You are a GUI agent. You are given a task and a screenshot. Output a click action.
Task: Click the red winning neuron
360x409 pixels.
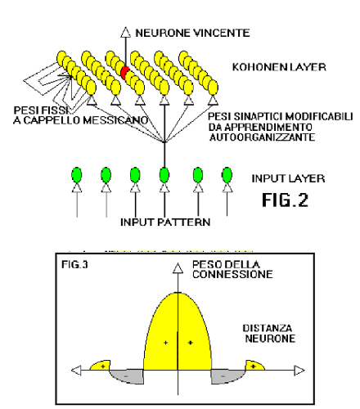(125, 73)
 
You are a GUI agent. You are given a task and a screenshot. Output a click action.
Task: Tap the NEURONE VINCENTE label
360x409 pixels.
(192, 33)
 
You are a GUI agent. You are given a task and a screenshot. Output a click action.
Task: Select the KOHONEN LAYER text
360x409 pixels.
(279, 67)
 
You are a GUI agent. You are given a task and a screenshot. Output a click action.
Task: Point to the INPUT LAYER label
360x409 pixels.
(288, 178)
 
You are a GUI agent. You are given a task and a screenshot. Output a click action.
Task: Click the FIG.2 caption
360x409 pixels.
(285, 200)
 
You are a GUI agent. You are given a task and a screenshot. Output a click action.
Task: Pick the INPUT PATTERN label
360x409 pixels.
(165, 222)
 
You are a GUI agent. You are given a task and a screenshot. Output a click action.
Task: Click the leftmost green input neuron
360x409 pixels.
(77, 175)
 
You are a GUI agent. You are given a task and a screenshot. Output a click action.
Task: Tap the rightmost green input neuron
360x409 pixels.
(227, 175)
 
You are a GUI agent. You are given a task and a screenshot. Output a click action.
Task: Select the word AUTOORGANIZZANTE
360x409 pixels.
(262, 137)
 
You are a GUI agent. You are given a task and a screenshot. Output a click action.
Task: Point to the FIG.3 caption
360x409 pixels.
(74, 264)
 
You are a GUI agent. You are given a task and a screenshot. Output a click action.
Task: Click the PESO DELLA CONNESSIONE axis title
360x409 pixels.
(232, 269)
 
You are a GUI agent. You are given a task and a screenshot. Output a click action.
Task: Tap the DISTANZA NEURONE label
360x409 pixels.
(270, 333)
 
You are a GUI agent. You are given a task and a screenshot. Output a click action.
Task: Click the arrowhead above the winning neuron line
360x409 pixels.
(126, 32)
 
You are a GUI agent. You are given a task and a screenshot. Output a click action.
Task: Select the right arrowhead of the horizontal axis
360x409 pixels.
(299, 371)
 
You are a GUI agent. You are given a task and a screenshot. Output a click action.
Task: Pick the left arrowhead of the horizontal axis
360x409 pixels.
(76, 371)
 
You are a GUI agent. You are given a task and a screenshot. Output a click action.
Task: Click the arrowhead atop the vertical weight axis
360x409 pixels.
(178, 267)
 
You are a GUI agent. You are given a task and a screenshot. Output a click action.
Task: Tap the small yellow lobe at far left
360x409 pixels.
(101, 366)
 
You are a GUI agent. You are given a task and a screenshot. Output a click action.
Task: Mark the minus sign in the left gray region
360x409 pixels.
(126, 376)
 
